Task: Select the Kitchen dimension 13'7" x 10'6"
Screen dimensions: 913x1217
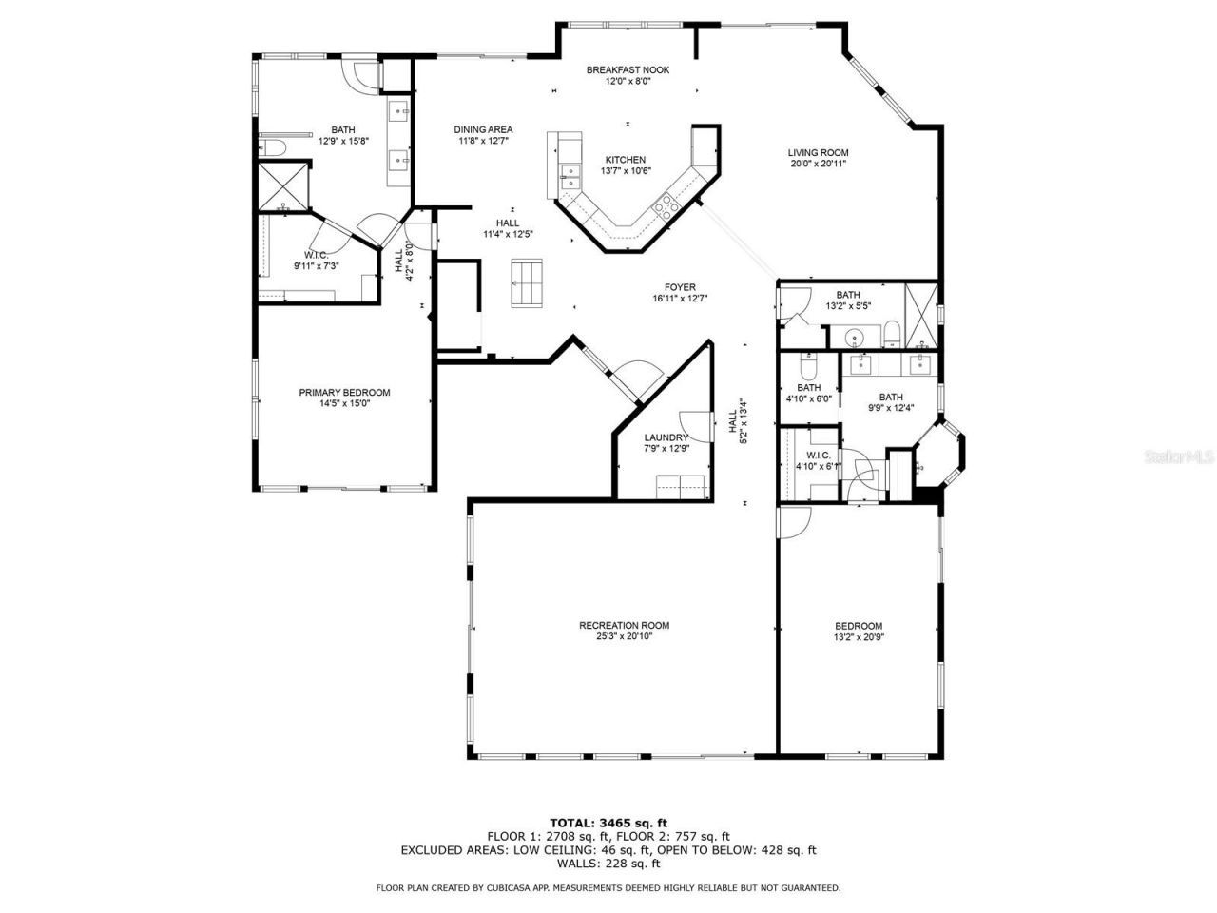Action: tap(626, 171)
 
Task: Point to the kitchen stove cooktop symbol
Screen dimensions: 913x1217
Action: tap(663, 206)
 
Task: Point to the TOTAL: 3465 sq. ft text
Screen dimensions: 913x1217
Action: tap(608, 822)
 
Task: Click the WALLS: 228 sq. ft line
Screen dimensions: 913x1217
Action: tap(608, 864)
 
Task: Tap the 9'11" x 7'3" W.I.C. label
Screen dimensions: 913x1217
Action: tap(316, 261)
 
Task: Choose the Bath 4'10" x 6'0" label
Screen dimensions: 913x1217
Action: tap(808, 393)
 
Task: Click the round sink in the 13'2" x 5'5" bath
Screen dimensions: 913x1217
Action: tap(855, 336)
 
